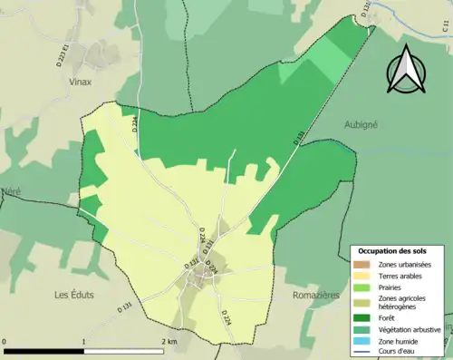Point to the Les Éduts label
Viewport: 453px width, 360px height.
[x=74, y=295]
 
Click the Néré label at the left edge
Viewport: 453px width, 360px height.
[x=11, y=191]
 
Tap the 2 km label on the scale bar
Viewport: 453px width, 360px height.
[x=169, y=341]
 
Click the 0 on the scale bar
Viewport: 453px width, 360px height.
[x=5, y=341]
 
